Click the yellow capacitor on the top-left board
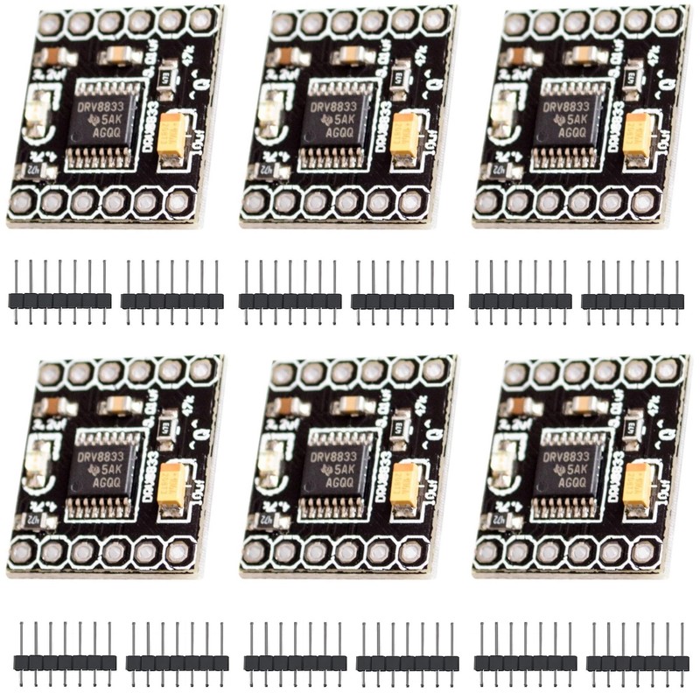174,136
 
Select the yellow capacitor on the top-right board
640,136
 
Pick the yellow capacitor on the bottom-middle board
407,486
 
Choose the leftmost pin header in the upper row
60,300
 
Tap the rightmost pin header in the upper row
633,300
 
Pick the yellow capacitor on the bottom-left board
174,486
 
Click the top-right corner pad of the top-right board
667,18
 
